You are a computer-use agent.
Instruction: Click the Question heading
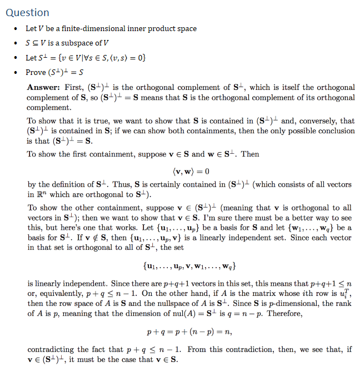pyautogui.click(x=27, y=12)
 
